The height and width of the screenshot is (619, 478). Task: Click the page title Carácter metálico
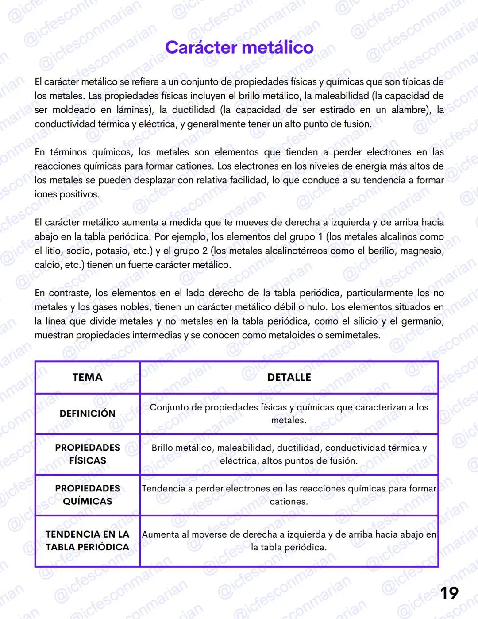click(x=239, y=47)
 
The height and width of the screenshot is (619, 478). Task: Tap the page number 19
click(x=449, y=593)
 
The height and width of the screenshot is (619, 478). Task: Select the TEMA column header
click(x=87, y=377)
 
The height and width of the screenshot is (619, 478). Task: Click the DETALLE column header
click(x=289, y=377)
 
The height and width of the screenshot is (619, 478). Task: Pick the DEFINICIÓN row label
click(x=87, y=414)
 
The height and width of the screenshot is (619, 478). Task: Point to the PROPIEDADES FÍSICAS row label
click(x=87, y=454)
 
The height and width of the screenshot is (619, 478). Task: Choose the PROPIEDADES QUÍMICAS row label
click(x=87, y=495)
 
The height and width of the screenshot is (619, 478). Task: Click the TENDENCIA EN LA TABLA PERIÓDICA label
click(x=87, y=541)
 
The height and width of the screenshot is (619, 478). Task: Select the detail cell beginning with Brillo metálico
click(x=289, y=454)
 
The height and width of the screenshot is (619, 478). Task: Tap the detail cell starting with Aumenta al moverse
click(x=289, y=541)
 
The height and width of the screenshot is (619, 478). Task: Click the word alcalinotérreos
click(x=296, y=251)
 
